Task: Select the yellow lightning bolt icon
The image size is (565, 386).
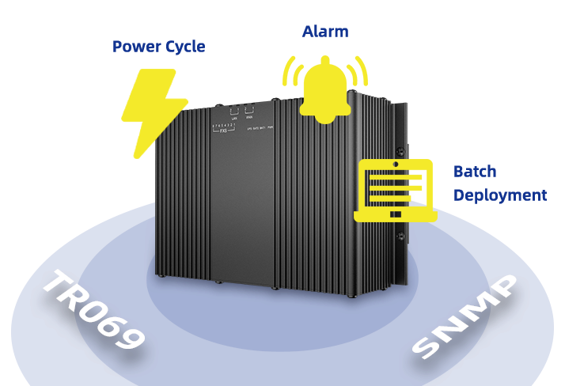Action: pos(154,111)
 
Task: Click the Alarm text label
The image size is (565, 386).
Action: pos(325,32)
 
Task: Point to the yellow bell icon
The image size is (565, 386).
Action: pos(325,88)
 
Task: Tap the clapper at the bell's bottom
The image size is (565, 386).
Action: pos(325,119)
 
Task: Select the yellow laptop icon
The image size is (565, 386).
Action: pos(395,191)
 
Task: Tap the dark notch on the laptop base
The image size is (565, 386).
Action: pos(395,214)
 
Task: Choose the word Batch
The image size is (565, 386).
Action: pos(475,171)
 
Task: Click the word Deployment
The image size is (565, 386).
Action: pos(500,195)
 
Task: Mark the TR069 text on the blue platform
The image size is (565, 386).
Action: pos(93,308)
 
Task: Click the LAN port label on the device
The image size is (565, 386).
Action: pos(233,118)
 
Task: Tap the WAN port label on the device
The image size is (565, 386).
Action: pos(248,118)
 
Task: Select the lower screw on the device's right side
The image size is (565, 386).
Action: pos(401,237)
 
